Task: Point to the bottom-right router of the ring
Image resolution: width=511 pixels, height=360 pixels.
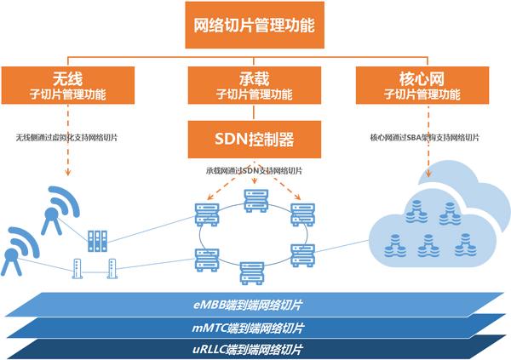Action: pos(301,253)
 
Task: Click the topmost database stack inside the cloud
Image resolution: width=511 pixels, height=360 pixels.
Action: pos(417,208)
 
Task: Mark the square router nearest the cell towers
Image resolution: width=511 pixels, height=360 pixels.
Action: pos(98,239)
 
